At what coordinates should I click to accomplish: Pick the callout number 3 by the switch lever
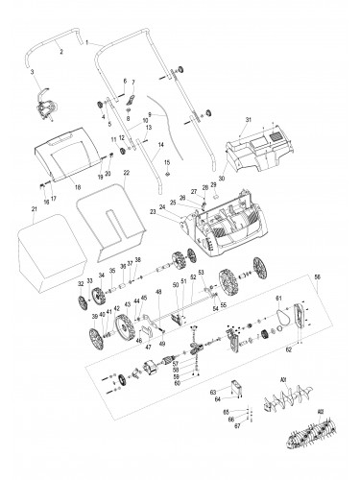tap(32, 72)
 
